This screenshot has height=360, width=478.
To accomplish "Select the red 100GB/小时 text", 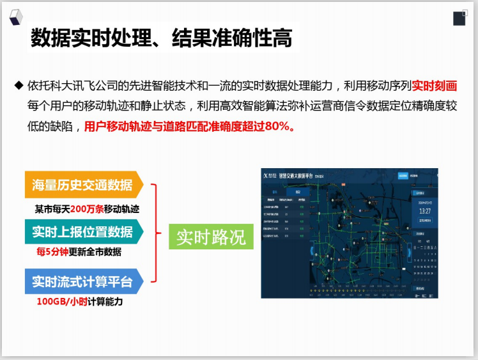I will pos(62,301).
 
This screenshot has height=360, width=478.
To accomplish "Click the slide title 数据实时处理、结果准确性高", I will pos(162,39).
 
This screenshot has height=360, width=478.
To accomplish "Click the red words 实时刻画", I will pos(435,85).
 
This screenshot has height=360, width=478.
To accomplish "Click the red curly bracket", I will pos(154,233).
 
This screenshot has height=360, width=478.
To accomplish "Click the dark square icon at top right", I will pos(459,17).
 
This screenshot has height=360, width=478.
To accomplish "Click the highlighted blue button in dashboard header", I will pos(403,175).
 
